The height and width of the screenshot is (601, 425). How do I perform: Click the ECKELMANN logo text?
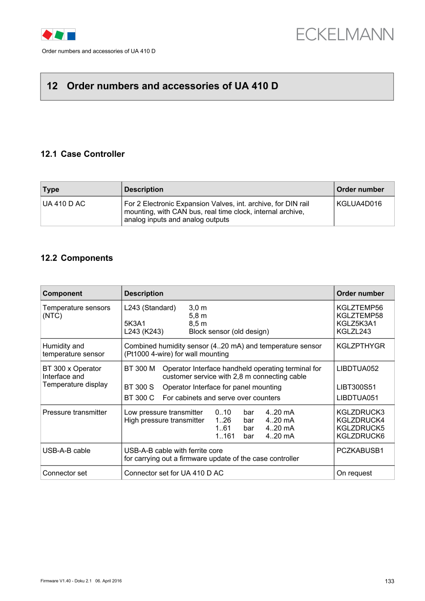point(344,34)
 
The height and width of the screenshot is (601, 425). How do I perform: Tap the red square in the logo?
point(47,34)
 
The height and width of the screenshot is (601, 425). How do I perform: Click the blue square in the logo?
point(71,35)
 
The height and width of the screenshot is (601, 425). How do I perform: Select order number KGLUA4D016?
point(359,204)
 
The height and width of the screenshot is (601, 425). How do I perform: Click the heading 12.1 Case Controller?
point(83,154)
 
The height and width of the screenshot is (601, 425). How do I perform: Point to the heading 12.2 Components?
point(77,258)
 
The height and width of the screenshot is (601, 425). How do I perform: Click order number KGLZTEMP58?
point(360,316)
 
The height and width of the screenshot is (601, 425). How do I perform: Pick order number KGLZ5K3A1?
point(357,323)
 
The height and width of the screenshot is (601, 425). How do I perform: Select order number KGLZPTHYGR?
point(361,346)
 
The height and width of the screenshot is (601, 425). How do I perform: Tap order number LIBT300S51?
point(356,387)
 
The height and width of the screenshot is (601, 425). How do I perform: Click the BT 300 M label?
point(139,368)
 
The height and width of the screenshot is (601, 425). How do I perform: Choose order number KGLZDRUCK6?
point(361,436)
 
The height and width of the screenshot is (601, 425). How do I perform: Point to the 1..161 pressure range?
point(225,436)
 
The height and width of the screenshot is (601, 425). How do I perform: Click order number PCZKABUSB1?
point(360,451)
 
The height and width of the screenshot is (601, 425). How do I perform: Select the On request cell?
point(354,473)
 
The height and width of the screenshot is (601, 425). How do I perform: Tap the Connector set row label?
point(64,473)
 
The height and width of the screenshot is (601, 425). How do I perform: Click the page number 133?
point(389,581)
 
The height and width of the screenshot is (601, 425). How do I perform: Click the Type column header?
point(51,190)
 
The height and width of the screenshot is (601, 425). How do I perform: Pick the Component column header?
point(62,294)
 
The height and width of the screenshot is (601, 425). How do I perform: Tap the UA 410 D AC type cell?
point(64,204)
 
